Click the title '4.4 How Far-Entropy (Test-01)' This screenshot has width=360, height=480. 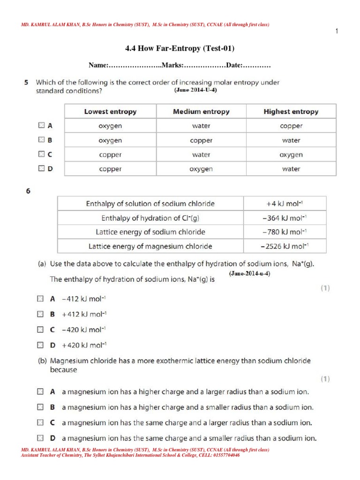point(180,48)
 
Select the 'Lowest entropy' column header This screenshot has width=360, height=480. point(110,112)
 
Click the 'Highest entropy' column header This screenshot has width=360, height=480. point(291,112)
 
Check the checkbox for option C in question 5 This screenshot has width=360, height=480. point(41,154)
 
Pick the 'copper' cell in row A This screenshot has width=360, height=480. point(291,126)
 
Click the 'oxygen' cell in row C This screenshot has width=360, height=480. point(291,154)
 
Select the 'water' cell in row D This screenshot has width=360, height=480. point(291,169)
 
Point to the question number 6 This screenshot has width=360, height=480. point(28,190)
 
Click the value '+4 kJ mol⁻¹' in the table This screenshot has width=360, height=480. point(285,204)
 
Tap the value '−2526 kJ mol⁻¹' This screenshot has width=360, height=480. point(285,246)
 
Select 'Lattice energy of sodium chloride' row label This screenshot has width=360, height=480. point(150,232)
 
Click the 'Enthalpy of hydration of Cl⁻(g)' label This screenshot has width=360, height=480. point(150,218)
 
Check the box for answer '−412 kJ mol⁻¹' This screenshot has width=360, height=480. point(40,298)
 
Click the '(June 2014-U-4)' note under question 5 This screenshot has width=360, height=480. point(195,90)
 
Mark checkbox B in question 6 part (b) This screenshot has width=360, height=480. point(40,407)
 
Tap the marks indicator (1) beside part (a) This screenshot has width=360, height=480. point(325,288)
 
